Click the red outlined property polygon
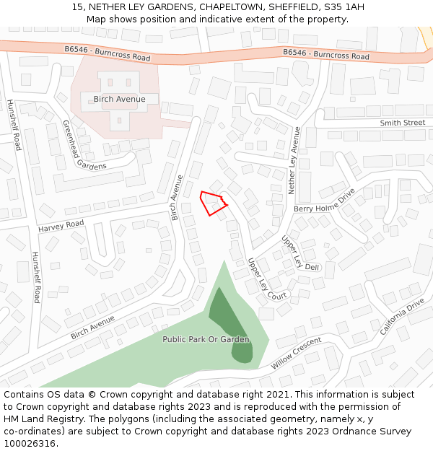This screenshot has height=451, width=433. [212, 203]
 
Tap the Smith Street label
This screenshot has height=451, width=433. [403, 123]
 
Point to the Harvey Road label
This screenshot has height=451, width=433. [61, 226]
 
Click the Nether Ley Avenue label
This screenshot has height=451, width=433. [294, 160]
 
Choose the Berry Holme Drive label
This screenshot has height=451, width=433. [325, 201]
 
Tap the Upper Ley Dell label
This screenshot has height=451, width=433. [300, 253]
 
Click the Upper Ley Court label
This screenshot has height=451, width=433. [266, 279]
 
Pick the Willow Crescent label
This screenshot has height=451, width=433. [296, 353]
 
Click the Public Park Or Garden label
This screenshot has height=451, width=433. [206, 339]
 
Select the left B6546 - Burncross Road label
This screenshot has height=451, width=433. [107, 53]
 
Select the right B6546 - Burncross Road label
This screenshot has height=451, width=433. [325, 54]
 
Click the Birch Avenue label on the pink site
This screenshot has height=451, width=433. [119, 99]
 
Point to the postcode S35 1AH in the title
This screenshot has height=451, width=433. [345, 7]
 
